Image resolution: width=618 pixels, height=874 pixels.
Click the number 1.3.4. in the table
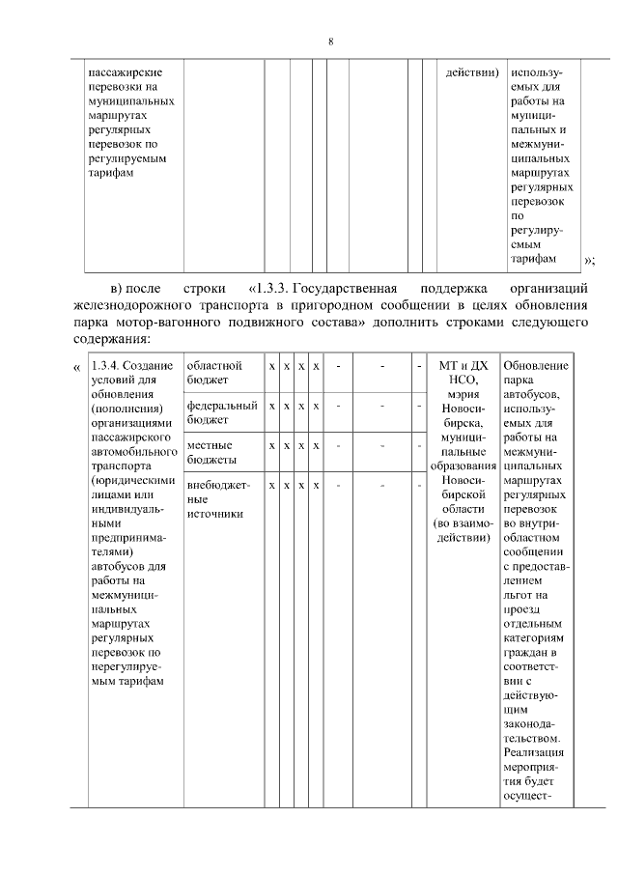pos(104,366)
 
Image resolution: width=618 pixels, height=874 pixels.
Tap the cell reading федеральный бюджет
pos(222,412)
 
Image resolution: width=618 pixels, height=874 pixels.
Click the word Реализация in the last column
pos(536,752)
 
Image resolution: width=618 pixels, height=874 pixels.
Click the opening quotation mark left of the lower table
pos(76,367)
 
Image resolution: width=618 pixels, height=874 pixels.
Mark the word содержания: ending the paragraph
pos(109,340)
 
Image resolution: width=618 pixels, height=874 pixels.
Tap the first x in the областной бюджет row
pos(272,367)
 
